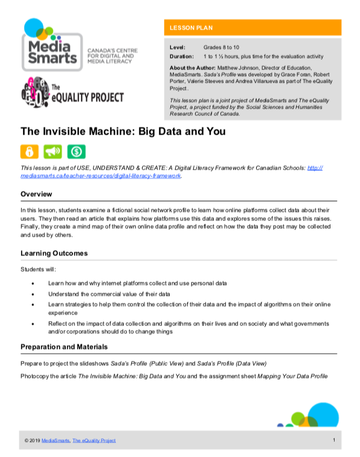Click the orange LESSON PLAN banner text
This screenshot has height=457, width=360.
tap(191, 28)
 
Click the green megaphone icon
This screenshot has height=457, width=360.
tap(53, 151)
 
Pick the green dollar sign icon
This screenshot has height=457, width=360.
tap(76, 151)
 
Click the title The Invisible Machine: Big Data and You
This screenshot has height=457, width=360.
tap(123, 131)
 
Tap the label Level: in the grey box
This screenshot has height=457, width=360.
tap(178, 46)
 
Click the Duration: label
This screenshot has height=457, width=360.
tap(182, 56)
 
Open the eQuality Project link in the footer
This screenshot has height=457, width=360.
tap(94, 441)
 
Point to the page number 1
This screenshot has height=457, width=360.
tap(333, 440)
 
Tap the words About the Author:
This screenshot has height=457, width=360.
tap(193, 68)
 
